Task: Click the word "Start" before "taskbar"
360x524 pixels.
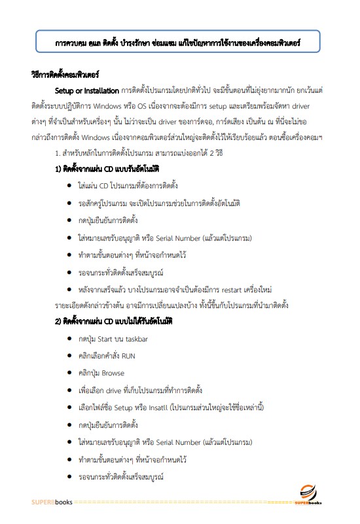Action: [x=106, y=339]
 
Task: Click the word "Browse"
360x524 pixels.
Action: [x=113, y=374]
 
